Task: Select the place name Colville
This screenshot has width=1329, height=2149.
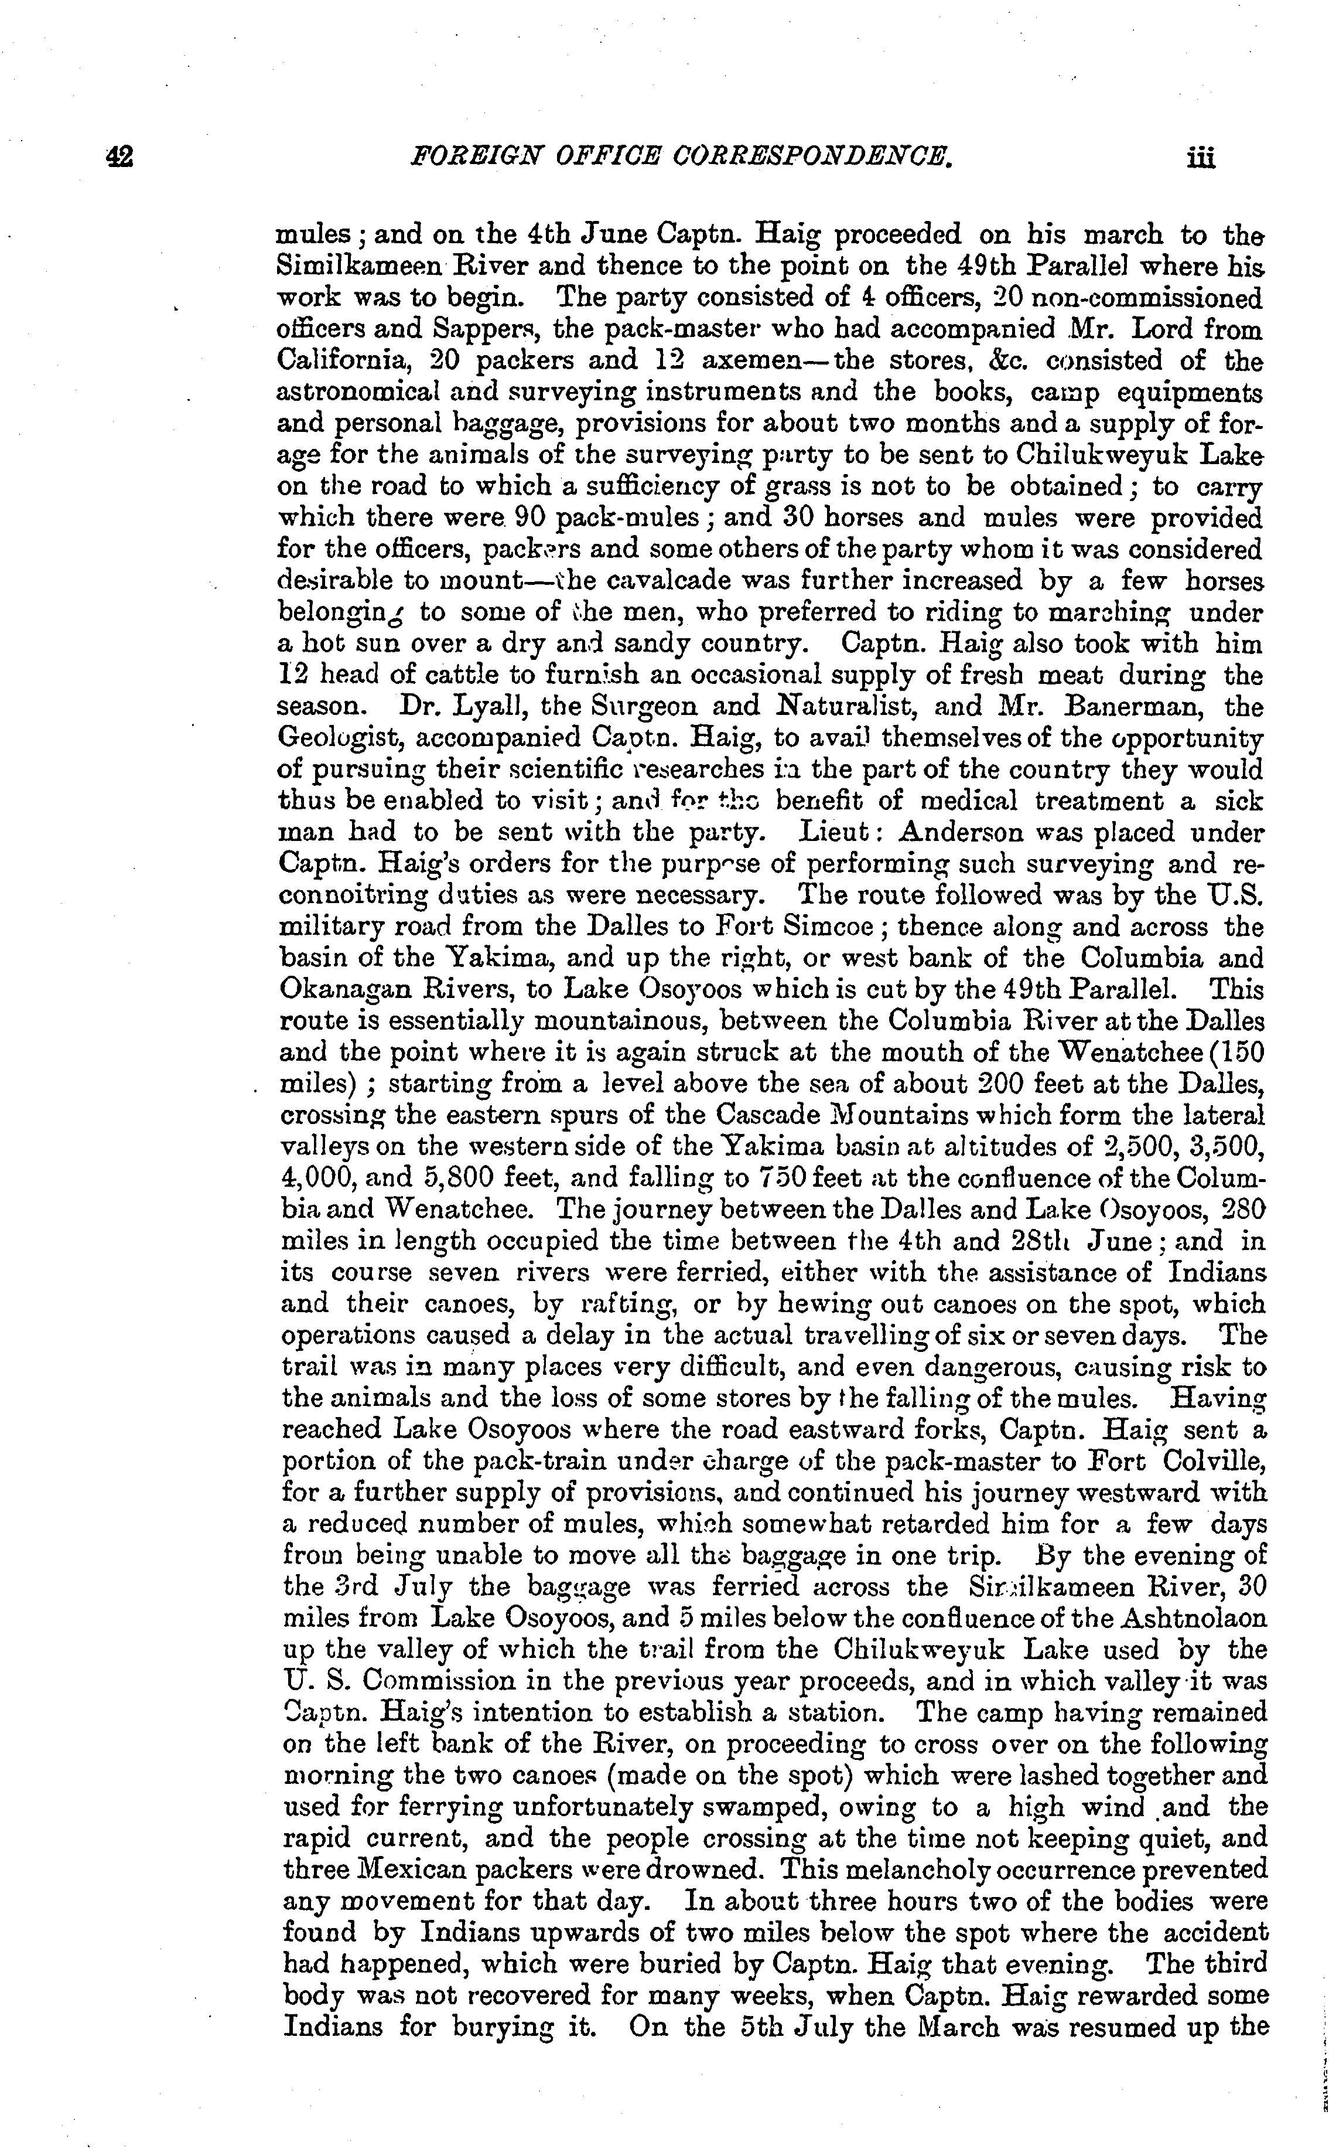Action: tap(1214, 1462)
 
